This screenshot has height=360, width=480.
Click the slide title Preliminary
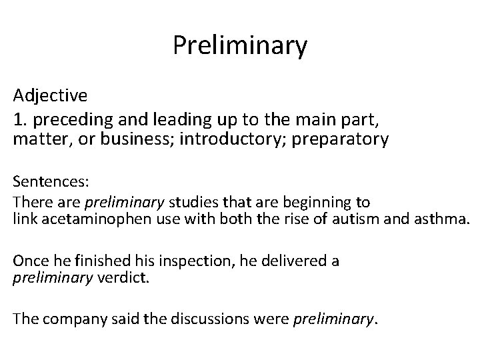point(240,45)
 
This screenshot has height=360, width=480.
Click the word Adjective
point(49,95)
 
